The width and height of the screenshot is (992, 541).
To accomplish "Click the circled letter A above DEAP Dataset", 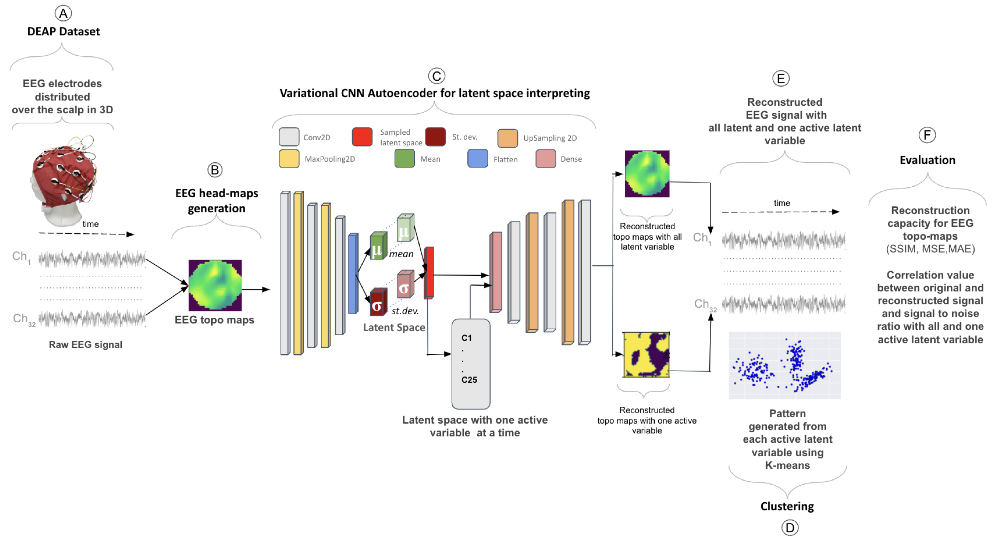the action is click(63, 14).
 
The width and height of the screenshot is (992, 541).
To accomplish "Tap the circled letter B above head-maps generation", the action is click(215, 170).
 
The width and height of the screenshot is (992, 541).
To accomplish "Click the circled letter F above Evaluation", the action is click(927, 135).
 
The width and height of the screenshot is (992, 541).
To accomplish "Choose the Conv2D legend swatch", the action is click(289, 137).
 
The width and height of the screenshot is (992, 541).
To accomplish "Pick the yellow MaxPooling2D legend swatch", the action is click(289, 159).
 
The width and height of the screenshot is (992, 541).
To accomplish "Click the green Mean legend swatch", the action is click(404, 159).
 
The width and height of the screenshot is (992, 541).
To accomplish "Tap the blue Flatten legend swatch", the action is click(478, 159).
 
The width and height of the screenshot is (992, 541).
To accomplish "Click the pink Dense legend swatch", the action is click(545, 159).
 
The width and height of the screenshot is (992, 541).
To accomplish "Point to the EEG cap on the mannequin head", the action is click(64, 173).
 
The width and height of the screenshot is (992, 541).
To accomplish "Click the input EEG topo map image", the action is click(215, 285).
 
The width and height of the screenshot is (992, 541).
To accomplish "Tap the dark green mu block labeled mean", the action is click(378, 246).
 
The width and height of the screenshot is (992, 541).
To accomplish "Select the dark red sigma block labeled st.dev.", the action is click(378, 303).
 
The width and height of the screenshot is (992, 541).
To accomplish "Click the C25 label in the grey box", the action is click(469, 380).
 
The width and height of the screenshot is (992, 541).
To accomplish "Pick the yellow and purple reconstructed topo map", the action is click(646, 355).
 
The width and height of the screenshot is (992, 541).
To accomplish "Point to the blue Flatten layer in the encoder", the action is click(353, 273).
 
